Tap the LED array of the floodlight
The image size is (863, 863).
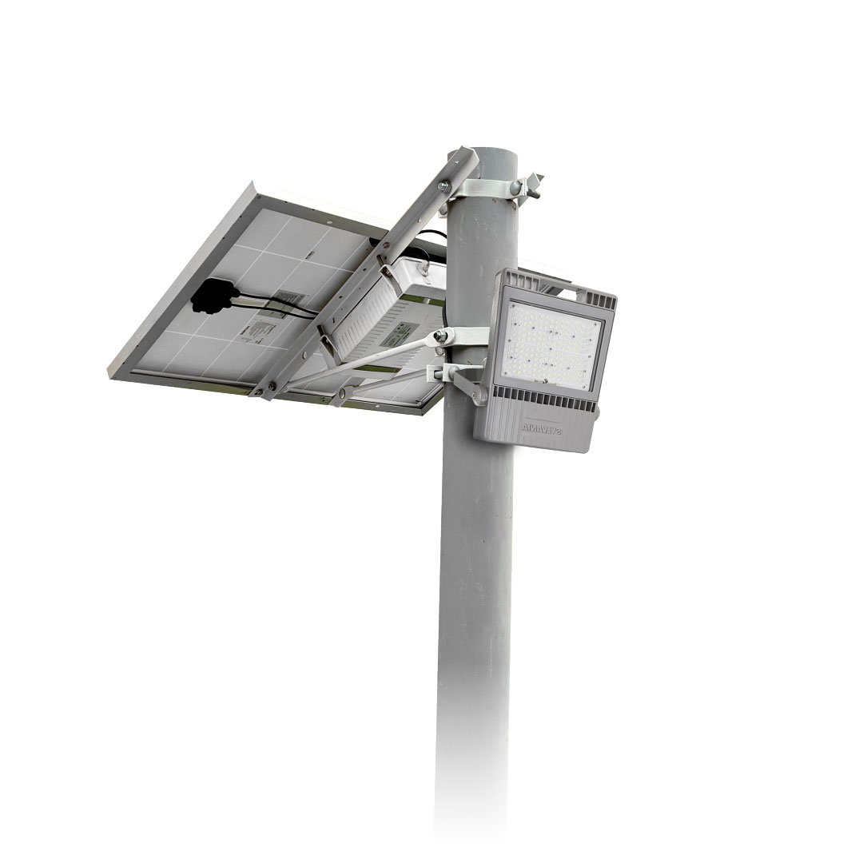[x=552, y=335]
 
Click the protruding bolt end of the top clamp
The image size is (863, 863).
[x=533, y=183]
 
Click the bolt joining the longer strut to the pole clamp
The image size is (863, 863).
[x=439, y=338]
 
